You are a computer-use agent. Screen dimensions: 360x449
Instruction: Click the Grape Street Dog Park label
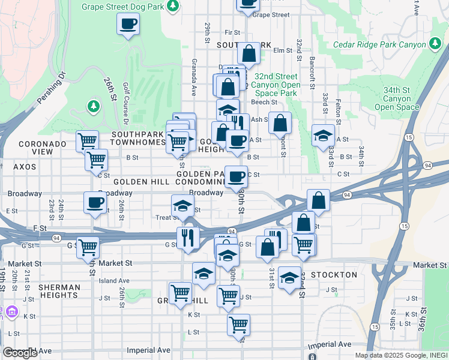point(122,6)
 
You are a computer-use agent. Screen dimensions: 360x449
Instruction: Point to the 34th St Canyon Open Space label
point(397,98)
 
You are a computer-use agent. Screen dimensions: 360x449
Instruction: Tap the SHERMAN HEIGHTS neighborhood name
point(59,292)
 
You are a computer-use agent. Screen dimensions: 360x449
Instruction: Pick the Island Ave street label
point(115,280)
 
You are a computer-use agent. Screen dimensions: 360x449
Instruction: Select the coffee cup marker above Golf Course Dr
point(128,24)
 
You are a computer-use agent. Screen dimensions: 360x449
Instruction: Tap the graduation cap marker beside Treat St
point(182,206)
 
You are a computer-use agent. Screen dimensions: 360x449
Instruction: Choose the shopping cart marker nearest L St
point(238,325)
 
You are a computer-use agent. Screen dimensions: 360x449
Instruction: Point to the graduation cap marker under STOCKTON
point(289,277)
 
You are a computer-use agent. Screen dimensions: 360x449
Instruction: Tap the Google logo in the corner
point(20,353)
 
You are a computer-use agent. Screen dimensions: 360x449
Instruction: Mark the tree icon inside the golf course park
point(93,107)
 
